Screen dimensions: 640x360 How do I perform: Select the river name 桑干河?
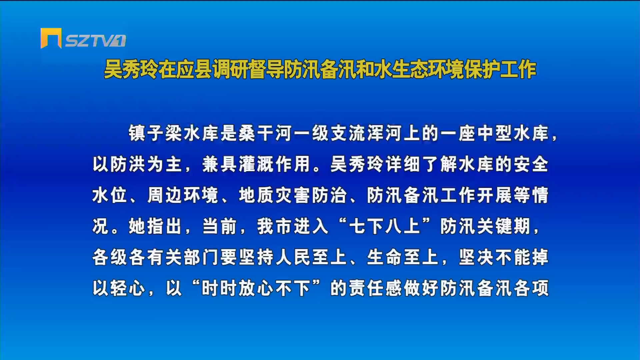coord(265,133)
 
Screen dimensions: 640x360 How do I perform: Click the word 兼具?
coord(220,164)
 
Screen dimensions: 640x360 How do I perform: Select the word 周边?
coord(165,195)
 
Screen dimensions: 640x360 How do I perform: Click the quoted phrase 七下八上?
coord(384,226)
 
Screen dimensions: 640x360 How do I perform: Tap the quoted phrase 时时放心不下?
coord(256,288)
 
